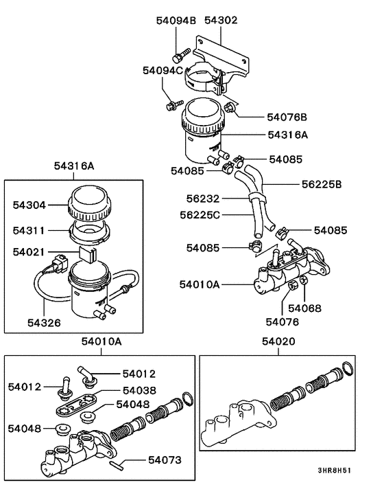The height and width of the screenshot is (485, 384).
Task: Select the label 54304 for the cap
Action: (29, 204)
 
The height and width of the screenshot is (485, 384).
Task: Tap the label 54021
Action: (29, 252)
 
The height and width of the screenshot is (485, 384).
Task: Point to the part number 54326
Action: (45, 321)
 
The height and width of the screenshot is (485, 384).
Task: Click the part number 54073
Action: (164, 460)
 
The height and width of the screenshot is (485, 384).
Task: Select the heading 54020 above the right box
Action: (278, 341)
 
